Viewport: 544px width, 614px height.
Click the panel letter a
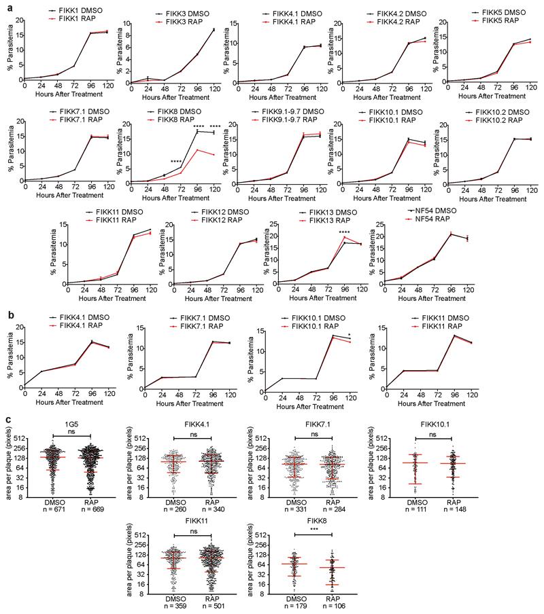5,5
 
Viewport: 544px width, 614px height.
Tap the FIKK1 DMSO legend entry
68,12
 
